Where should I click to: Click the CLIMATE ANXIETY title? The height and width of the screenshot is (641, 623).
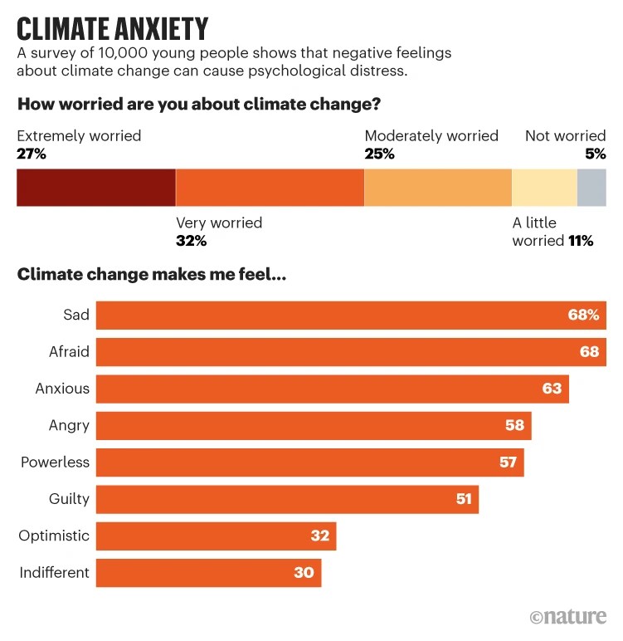click(x=112, y=28)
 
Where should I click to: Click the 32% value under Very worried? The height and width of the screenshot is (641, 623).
click(x=191, y=241)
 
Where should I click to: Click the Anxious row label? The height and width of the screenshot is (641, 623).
click(x=62, y=389)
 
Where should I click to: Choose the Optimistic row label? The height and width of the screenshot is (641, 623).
click(x=54, y=536)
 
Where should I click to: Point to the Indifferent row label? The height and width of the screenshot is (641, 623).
click(x=54, y=573)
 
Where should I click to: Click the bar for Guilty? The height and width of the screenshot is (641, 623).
click(x=287, y=499)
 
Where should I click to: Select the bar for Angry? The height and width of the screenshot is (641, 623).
click(x=314, y=425)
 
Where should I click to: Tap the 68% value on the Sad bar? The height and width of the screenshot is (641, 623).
click(x=583, y=316)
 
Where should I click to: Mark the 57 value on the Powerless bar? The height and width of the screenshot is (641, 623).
click(x=508, y=462)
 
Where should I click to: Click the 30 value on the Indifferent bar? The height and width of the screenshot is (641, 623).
click(x=304, y=573)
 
